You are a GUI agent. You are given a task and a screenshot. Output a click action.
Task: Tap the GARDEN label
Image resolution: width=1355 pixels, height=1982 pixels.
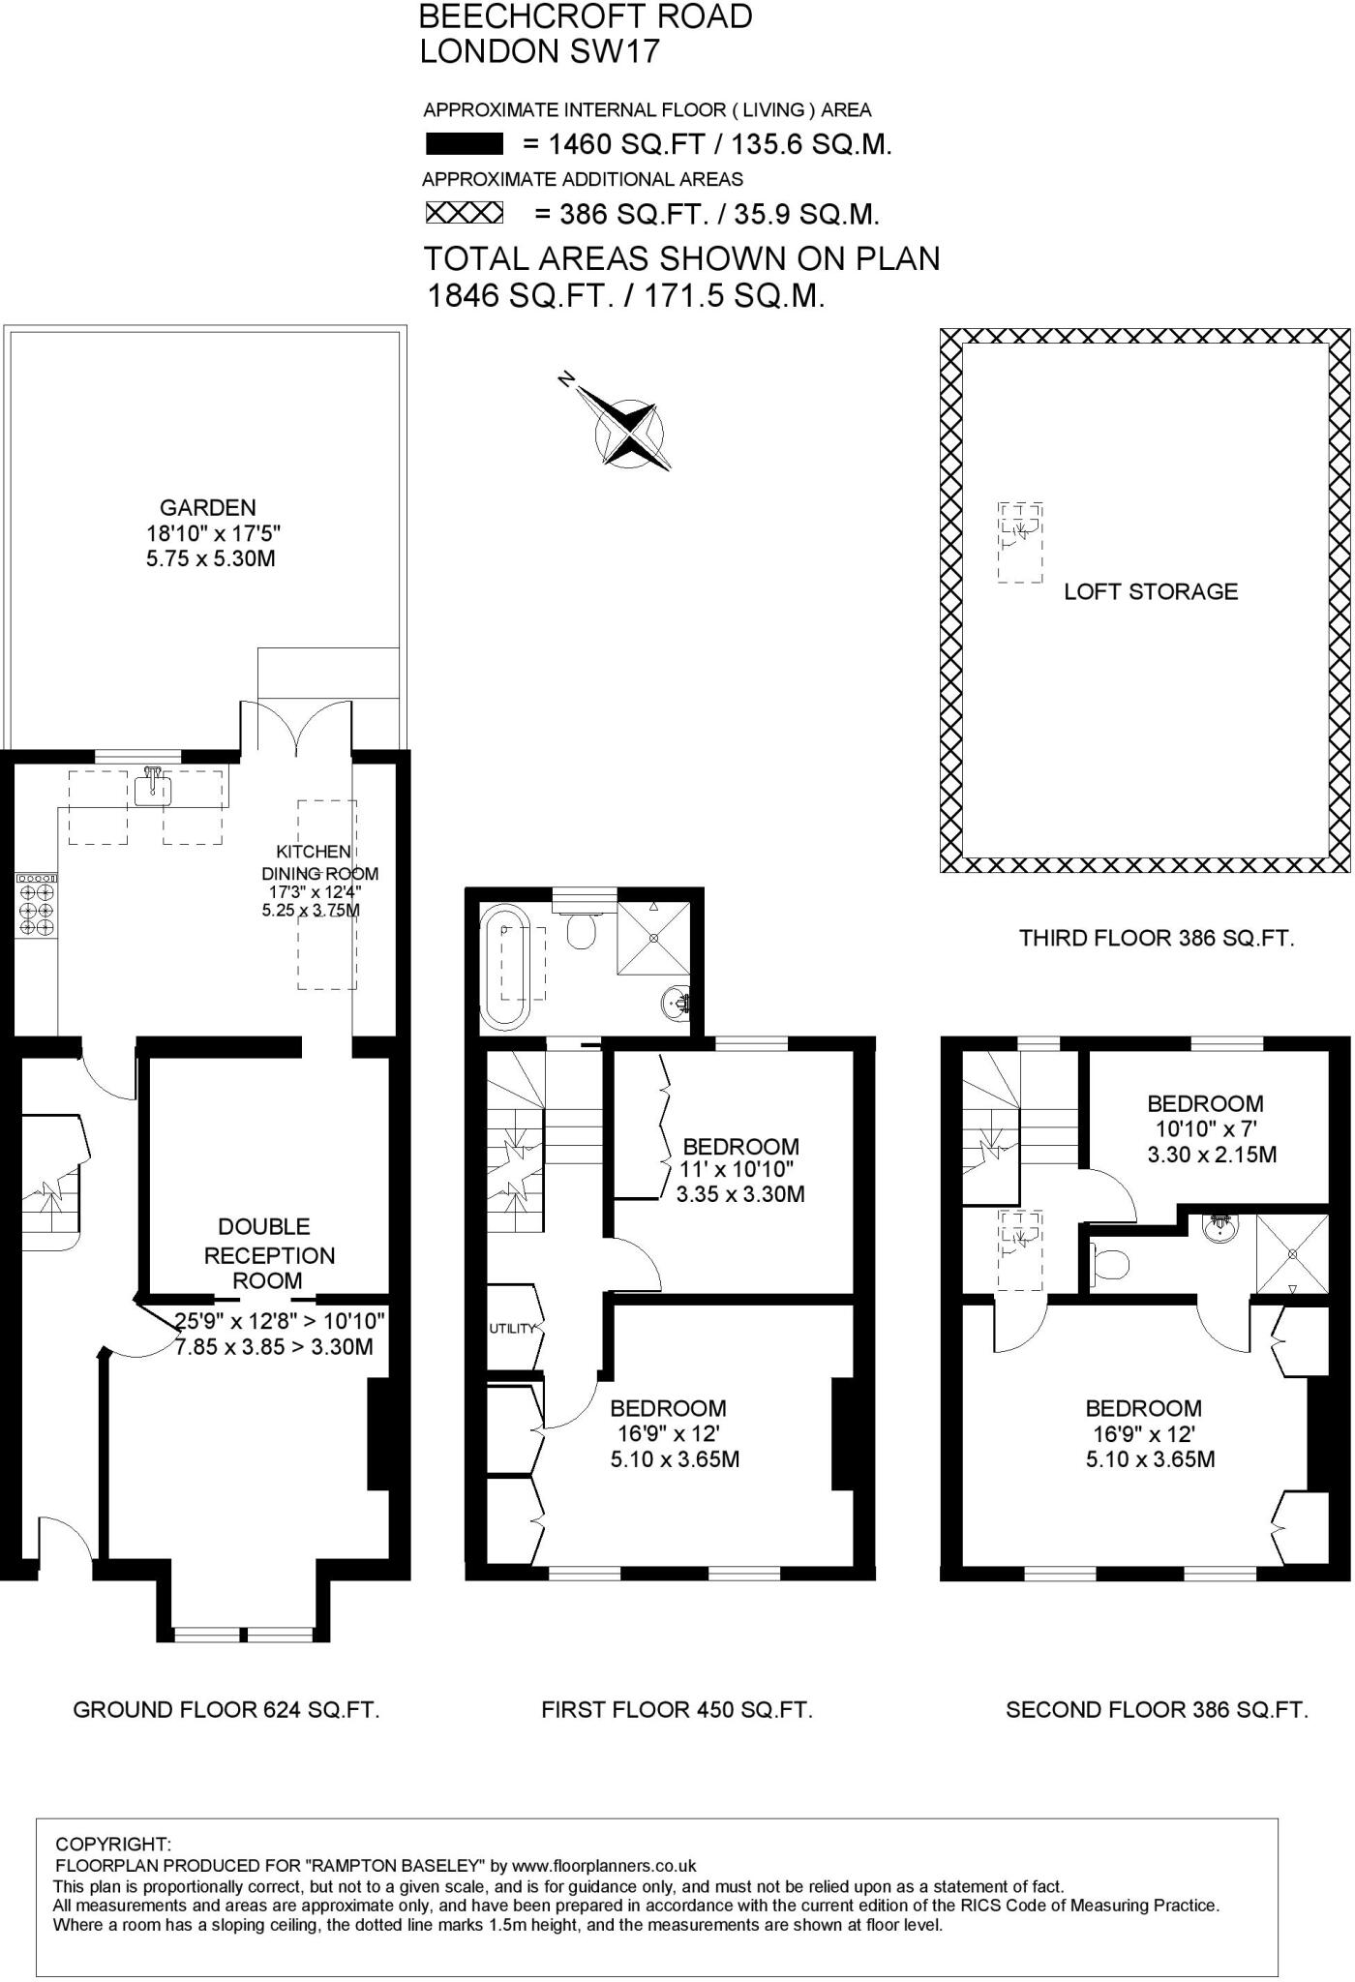[x=207, y=507]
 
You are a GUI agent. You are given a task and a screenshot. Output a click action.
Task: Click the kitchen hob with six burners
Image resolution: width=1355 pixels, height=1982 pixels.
[x=37, y=904]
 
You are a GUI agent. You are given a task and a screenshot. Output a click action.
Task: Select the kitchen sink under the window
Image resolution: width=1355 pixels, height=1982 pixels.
[x=153, y=789]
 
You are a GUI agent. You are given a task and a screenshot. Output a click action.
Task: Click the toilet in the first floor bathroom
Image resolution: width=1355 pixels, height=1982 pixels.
[x=582, y=932]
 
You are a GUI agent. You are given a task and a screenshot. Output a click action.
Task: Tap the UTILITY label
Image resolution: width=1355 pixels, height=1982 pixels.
[x=511, y=1329]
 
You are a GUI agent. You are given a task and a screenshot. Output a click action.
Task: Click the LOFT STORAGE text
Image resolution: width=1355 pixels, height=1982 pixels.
[x=1150, y=591]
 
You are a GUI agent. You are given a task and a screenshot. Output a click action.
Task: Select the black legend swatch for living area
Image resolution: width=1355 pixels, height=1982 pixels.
[x=464, y=145]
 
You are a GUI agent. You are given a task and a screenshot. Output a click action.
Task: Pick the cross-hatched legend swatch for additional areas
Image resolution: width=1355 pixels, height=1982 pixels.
[x=466, y=213]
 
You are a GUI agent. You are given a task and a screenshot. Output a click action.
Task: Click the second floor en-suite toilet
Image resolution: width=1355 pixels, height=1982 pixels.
[x=1111, y=1263]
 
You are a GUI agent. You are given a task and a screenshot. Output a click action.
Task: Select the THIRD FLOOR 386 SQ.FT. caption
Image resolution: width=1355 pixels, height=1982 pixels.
[x=1156, y=937]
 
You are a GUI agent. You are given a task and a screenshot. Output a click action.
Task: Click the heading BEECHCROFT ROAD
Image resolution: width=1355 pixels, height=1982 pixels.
[x=585, y=16]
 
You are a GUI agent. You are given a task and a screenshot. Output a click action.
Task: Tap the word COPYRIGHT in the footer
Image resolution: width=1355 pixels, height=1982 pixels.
[x=113, y=1844]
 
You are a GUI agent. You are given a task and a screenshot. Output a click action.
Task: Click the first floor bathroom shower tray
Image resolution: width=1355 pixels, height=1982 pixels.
[x=655, y=936]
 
